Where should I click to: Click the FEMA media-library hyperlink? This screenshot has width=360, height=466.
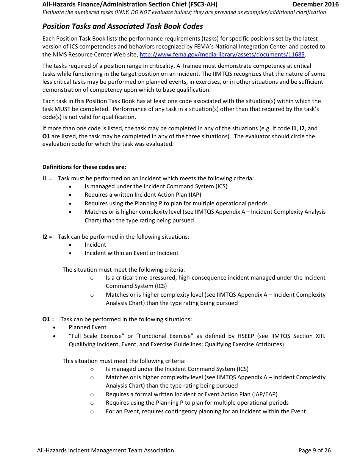click(x=222, y=55)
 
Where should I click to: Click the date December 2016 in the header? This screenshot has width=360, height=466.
click(x=315, y=5)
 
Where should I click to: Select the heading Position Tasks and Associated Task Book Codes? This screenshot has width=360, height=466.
click(x=122, y=26)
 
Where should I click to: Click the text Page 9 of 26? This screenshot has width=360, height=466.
click(x=315, y=450)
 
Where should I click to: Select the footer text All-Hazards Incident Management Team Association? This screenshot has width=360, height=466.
click(x=105, y=450)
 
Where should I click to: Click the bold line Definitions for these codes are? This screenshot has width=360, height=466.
click(x=84, y=167)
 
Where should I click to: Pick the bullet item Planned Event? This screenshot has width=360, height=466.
click(x=88, y=327)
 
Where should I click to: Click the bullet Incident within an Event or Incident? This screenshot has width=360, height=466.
click(x=131, y=253)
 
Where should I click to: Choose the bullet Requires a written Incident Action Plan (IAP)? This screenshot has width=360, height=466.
click(x=143, y=195)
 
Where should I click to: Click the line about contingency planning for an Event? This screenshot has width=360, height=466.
click(x=207, y=411)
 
